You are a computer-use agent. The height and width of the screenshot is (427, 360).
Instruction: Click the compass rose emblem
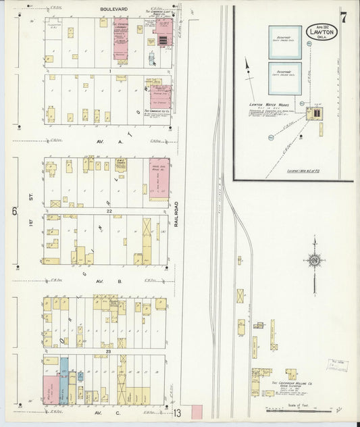(313, 259)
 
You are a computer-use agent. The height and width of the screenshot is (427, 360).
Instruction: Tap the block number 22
(108, 211)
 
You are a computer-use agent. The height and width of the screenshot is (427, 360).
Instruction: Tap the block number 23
(108, 352)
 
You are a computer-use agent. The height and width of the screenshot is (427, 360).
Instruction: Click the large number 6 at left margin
(13, 211)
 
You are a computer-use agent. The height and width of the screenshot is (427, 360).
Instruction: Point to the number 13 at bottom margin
(177, 413)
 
